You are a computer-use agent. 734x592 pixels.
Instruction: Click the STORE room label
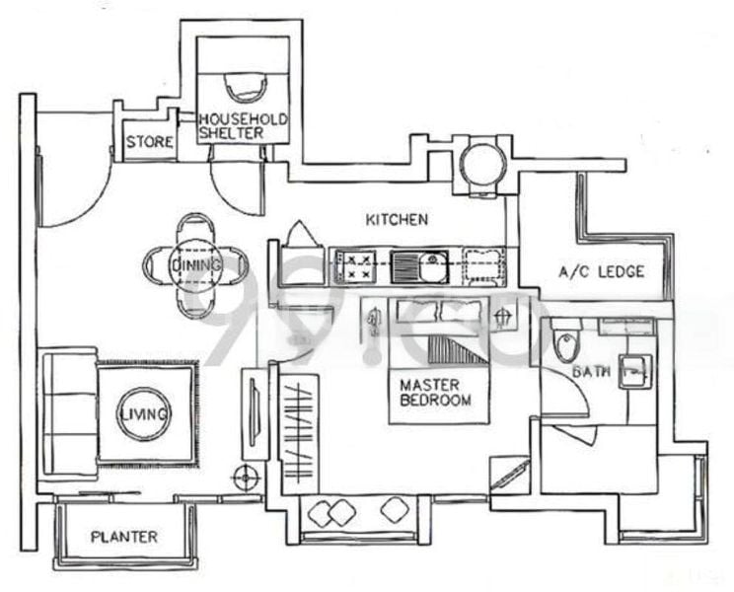(150, 142)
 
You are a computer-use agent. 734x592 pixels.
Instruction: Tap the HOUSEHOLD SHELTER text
(243, 125)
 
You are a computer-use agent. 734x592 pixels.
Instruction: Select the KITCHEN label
(396, 219)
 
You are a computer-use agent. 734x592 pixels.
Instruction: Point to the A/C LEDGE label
(601, 271)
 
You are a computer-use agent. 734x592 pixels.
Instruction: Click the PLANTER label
(124, 537)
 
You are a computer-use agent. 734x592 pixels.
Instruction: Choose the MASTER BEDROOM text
(435, 392)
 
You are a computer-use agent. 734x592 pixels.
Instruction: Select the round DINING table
(196, 265)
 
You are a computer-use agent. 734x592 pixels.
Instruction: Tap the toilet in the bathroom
(565, 346)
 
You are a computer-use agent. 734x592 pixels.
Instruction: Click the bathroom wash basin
(634, 370)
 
